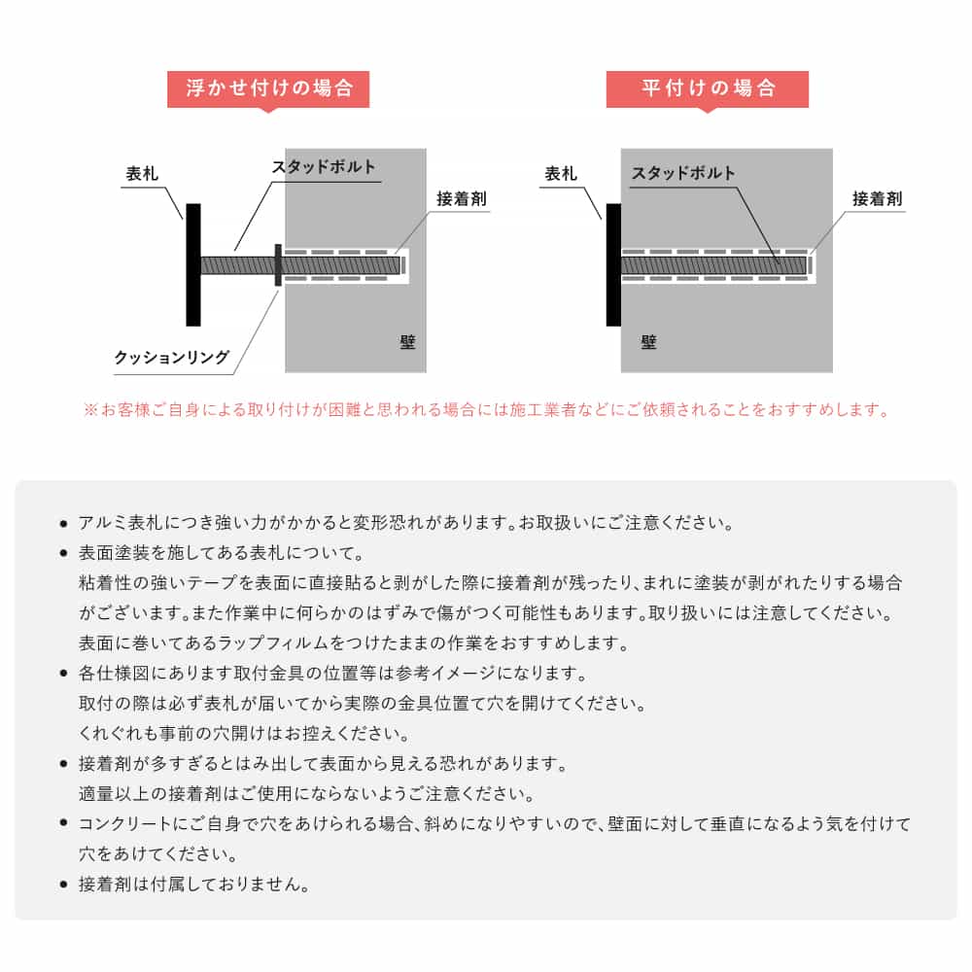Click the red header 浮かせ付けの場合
[x=268, y=88]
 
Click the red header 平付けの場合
[x=708, y=88]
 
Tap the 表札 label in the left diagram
[x=142, y=174]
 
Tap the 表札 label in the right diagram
[x=561, y=174]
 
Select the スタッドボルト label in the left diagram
[x=323, y=167]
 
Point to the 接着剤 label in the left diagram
[x=461, y=199]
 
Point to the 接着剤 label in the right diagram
[x=877, y=199]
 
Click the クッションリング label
[x=172, y=358]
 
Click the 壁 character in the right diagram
[x=648, y=341]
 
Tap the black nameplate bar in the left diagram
[x=193, y=264]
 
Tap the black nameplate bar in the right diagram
[x=613, y=264]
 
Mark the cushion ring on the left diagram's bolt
[x=279, y=264]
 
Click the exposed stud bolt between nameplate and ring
[x=237, y=264]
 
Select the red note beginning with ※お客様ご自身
[x=486, y=409]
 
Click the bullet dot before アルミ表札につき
[x=63, y=524]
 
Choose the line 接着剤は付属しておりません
[x=194, y=885]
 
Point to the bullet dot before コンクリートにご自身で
[x=63, y=825]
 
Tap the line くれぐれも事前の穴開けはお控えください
[x=244, y=732]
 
